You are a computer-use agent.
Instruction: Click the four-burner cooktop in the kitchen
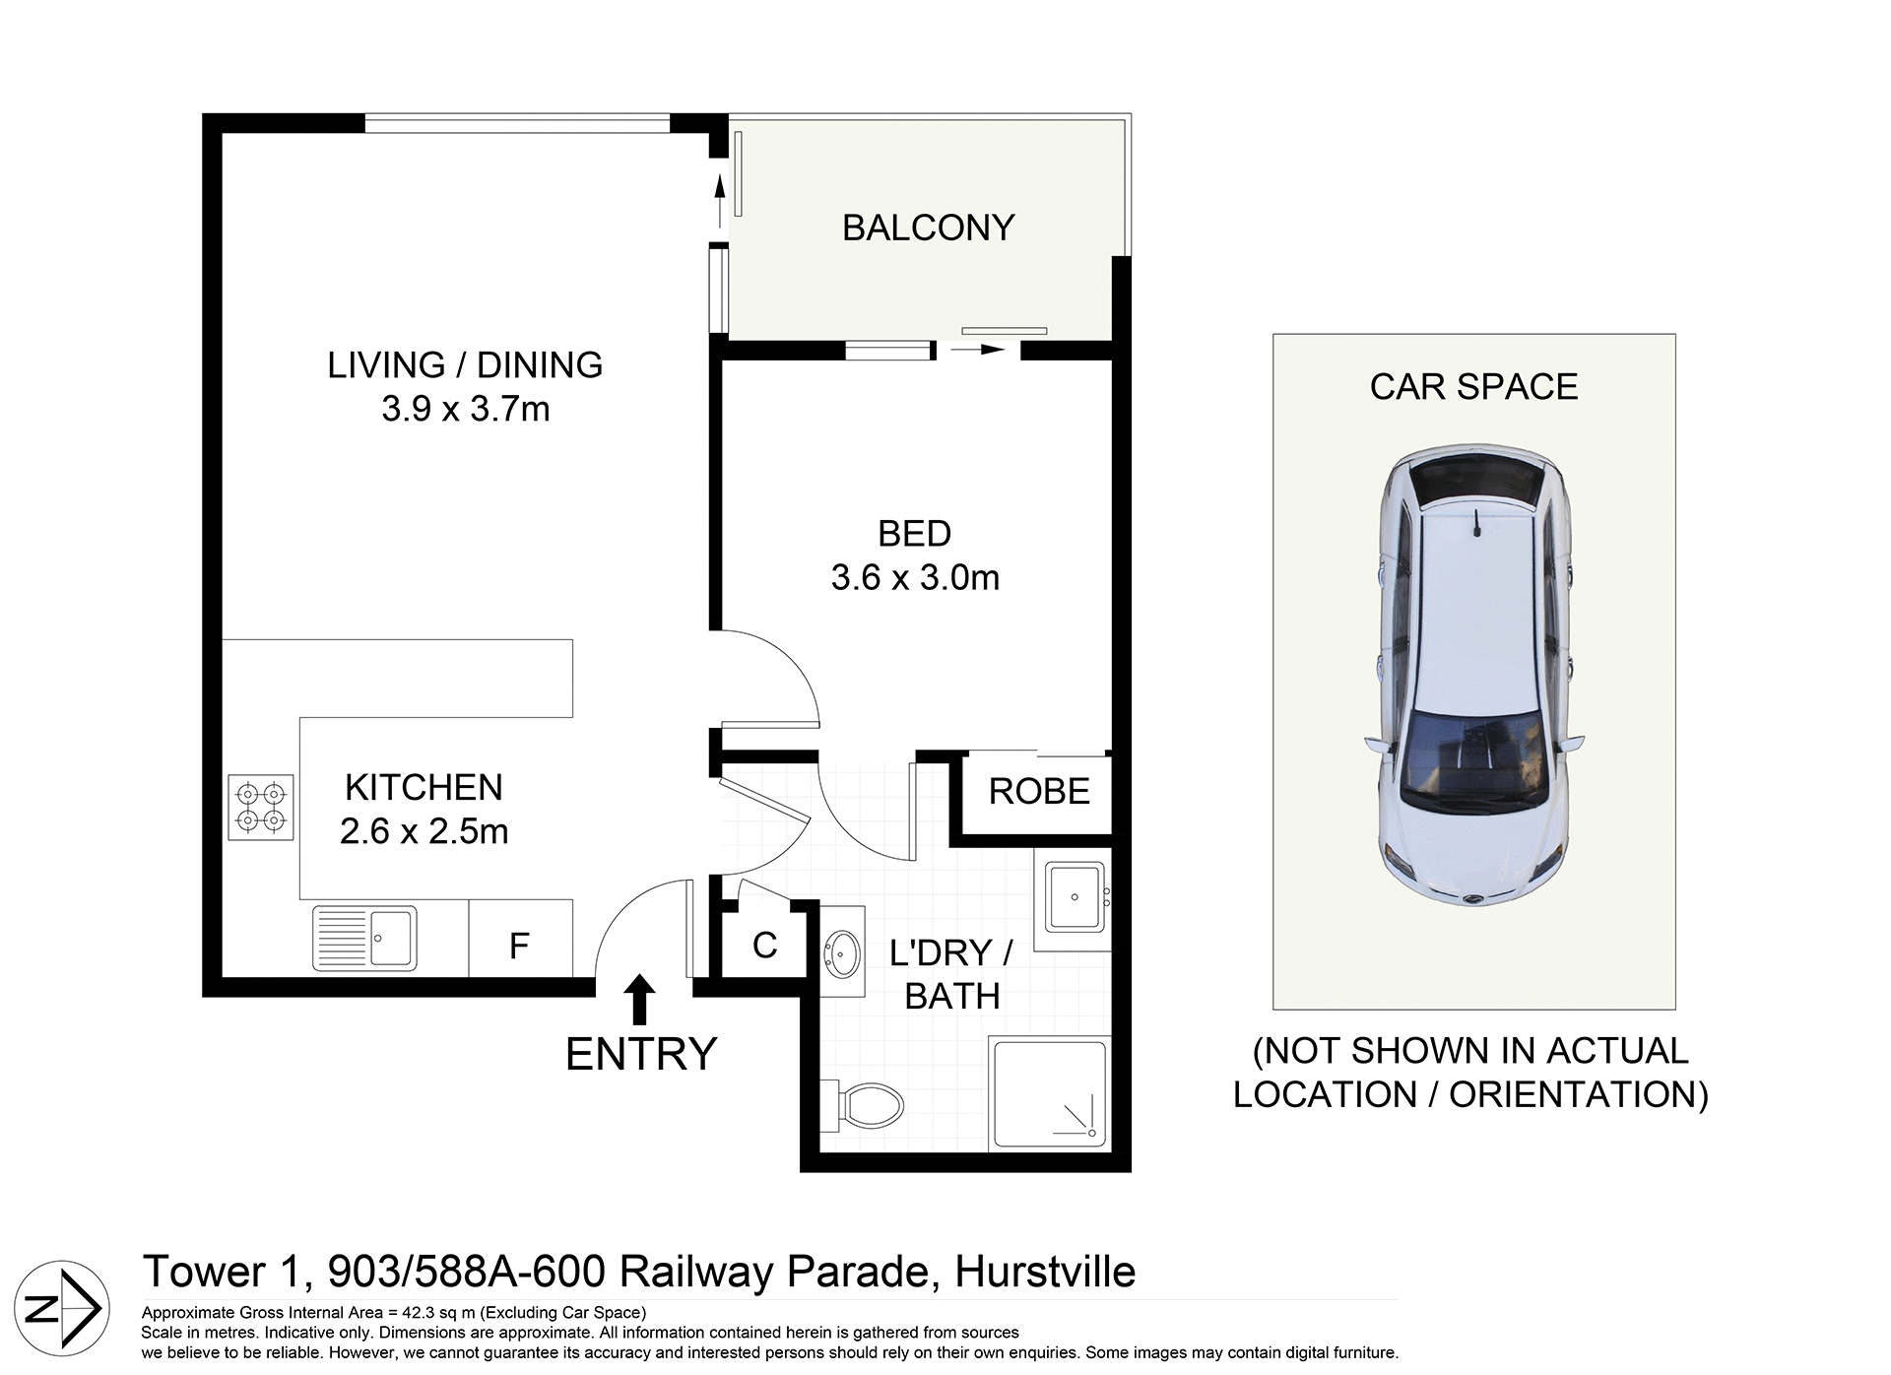[x=261, y=807]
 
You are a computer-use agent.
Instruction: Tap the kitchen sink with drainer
[x=364, y=938]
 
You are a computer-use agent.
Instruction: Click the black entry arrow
[x=640, y=999]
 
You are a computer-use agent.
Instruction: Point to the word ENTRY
[x=641, y=1054]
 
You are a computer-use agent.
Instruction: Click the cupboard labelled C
[x=764, y=945]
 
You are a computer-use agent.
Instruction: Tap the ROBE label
[x=1039, y=791]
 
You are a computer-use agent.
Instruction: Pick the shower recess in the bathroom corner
[x=1049, y=1093]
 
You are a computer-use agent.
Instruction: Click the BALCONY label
[x=928, y=228]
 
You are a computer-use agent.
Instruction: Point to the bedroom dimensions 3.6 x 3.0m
[x=915, y=577]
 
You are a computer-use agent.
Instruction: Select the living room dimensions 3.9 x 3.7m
[x=465, y=408]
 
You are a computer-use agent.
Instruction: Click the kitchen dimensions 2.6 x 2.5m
[x=424, y=831]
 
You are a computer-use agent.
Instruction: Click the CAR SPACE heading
[x=1473, y=386]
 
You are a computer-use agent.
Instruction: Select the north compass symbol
[x=62, y=1308]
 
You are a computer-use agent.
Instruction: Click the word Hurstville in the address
[x=1045, y=1272]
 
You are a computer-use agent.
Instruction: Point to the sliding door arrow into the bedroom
[x=977, y=349]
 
